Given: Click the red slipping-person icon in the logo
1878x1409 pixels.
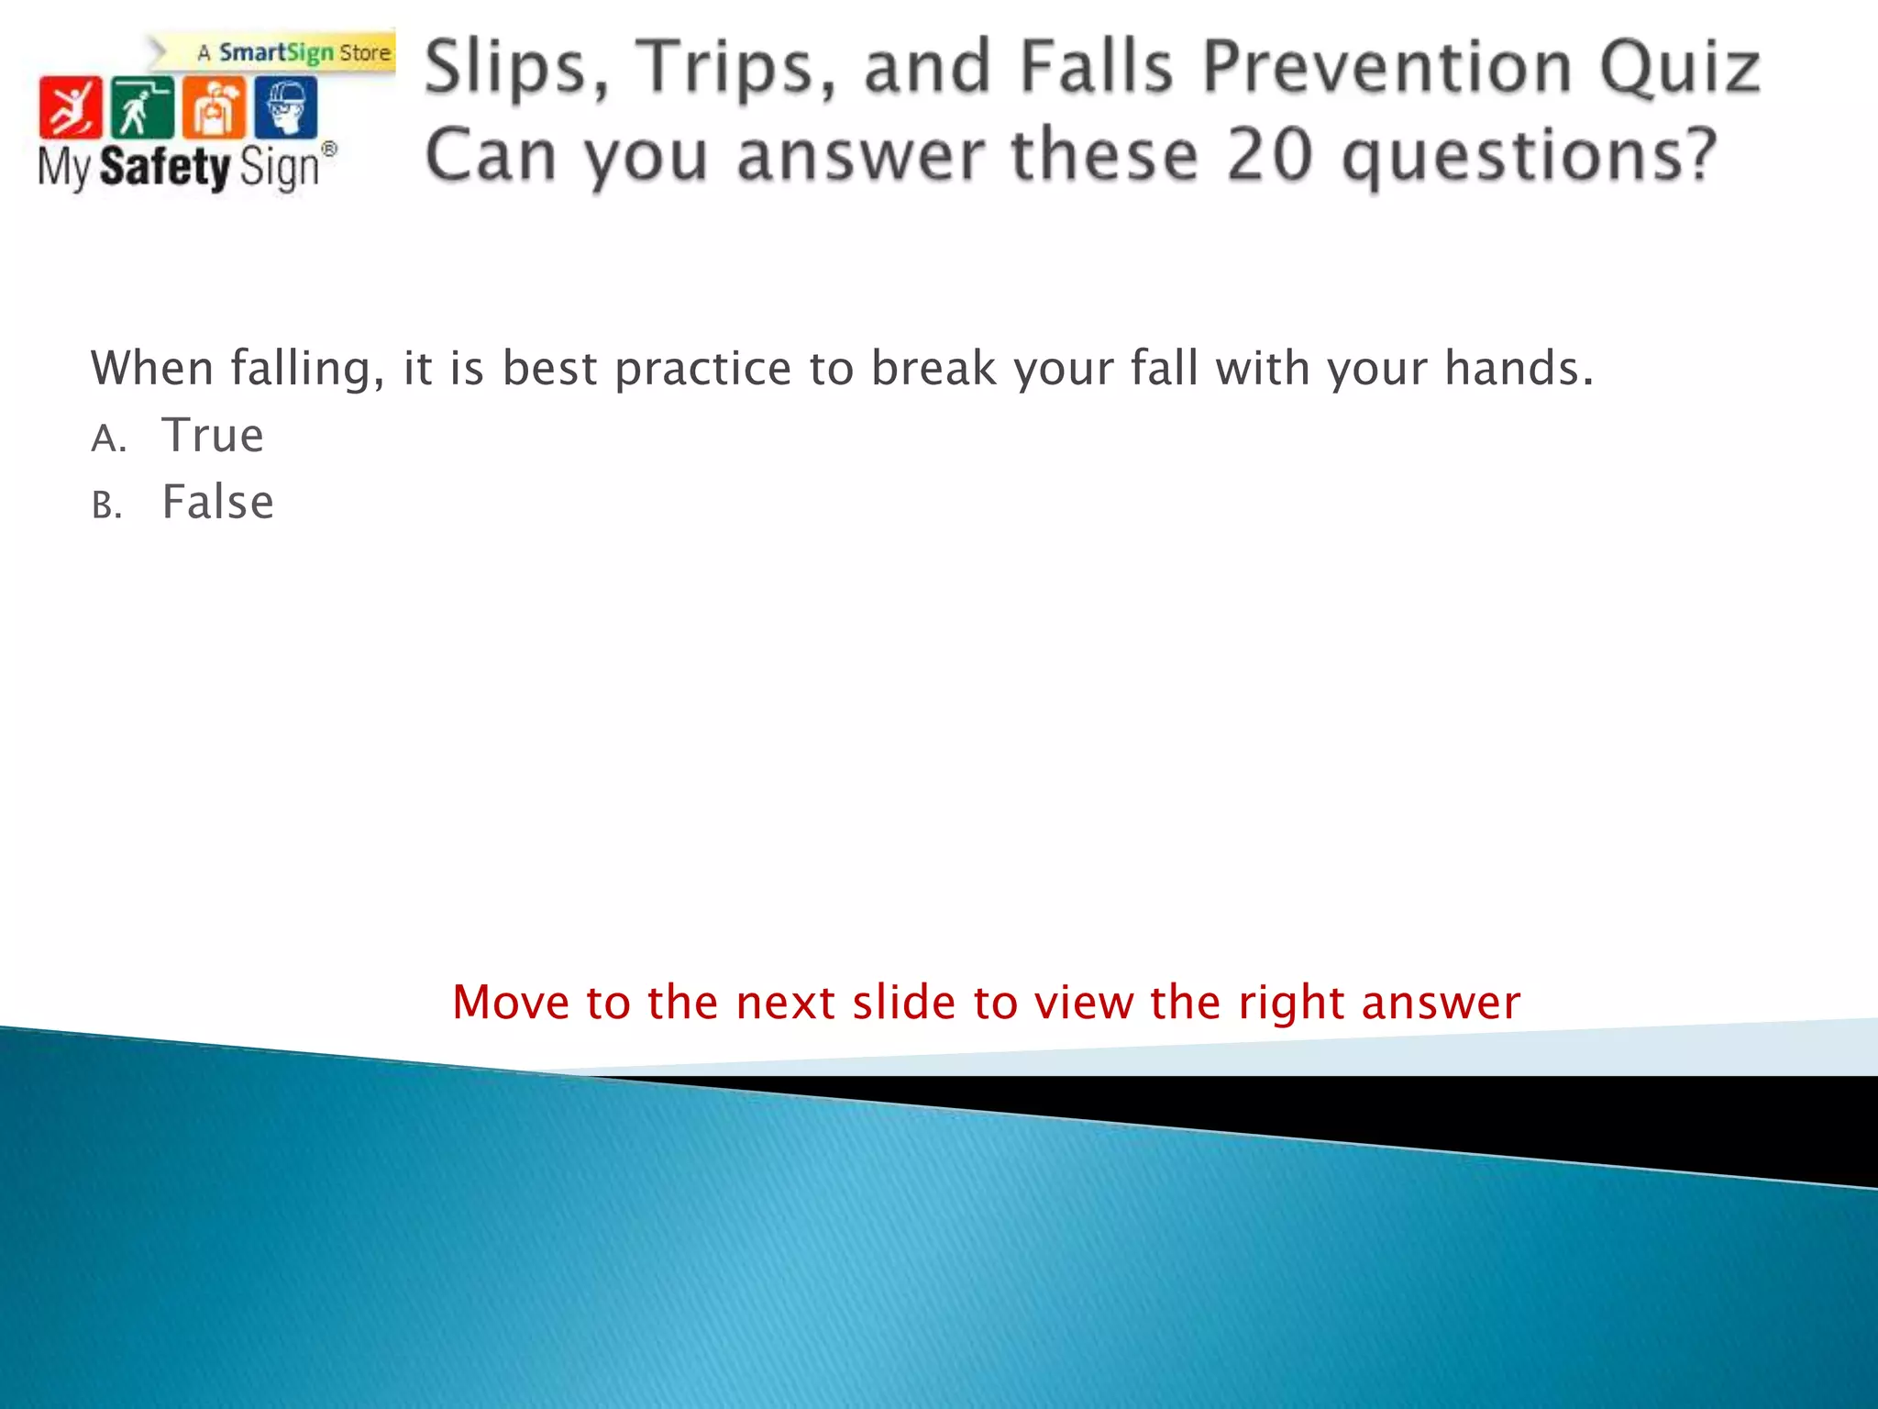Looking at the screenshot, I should pyautogui.click(x=70, y=107).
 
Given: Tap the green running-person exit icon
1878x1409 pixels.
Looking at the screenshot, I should pyautogui.click(x=141, y=107).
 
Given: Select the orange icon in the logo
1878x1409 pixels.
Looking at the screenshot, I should pyautogui.click(x=214, y=107).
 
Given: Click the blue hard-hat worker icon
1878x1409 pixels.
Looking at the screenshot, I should pyautogui.click(x=286, y=107).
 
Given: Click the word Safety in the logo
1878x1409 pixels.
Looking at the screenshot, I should pyautogui.click(x=165, y=168).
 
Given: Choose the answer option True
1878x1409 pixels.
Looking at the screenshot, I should pyautogui.click(x=213, y=436).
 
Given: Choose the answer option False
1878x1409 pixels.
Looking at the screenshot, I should pyautogui.click(x=217, y=503).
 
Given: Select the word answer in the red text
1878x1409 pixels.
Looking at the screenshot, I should pyautogui.click(x=1441, y=1003).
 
